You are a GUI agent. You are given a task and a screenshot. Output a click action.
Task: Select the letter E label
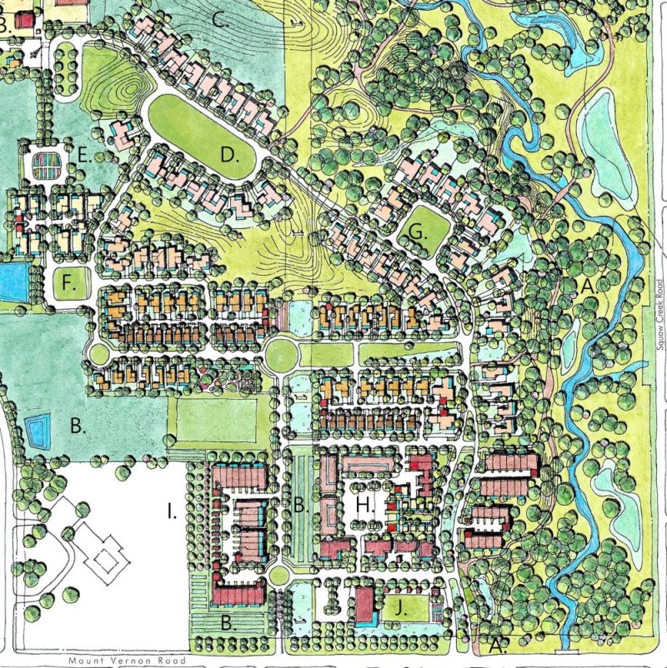coord(83,154)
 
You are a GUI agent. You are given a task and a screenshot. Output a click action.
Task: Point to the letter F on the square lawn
coord(70,283)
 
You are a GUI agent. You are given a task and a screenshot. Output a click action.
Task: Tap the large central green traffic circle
coord(281,356)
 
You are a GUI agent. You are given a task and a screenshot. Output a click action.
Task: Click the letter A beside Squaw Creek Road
coord(589,286)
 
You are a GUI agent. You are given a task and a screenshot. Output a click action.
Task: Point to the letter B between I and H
coord(299,503)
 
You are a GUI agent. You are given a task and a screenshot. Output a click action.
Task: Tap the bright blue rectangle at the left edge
coord(11,282)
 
